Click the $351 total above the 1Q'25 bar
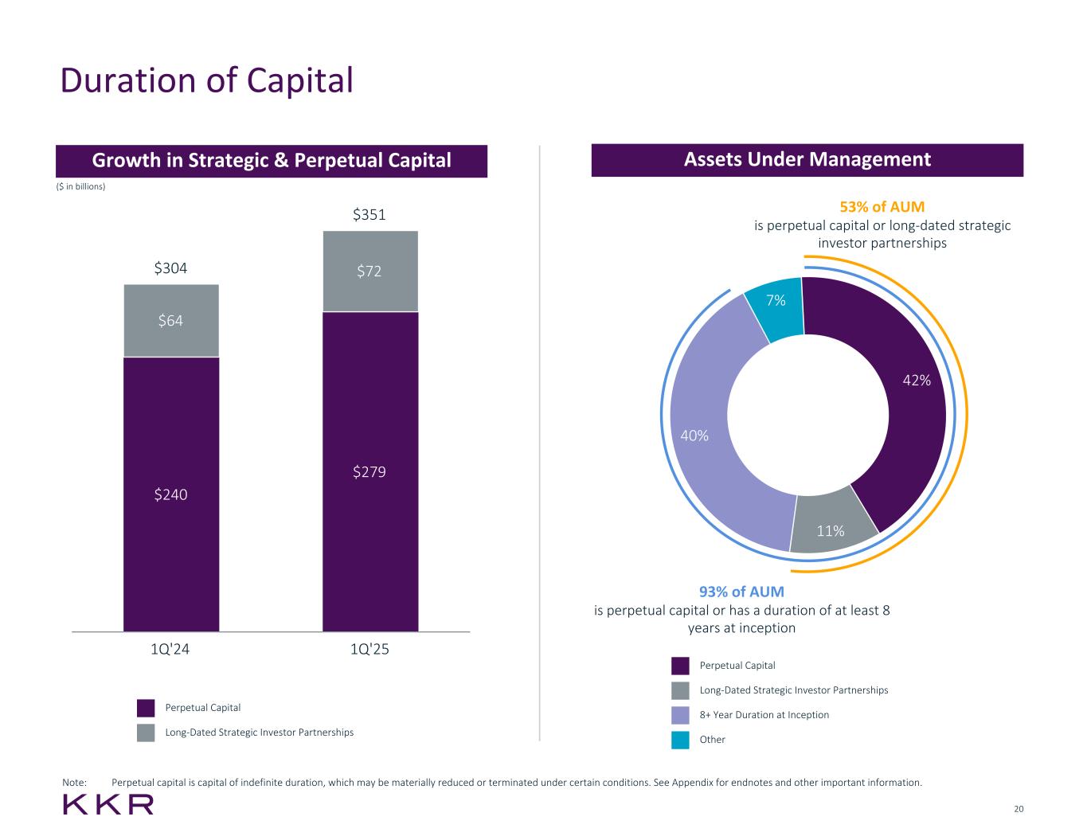pos(370,215)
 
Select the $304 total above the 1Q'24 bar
pos(170,268)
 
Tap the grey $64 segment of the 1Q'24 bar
pos(170,320)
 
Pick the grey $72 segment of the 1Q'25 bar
pos(370,271)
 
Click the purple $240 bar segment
pos(170,494)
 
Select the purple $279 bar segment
pos(370,472)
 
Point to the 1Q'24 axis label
pos(170,649)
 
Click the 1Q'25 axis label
pos(370,649)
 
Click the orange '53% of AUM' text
pos(882,207)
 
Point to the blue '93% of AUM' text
pos(741,592)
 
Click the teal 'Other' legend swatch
pos(680,740)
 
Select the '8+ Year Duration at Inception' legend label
pos(764,715)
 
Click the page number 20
pos(1019,809)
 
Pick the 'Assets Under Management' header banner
pos(807,160)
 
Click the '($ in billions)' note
pos(80,186)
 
